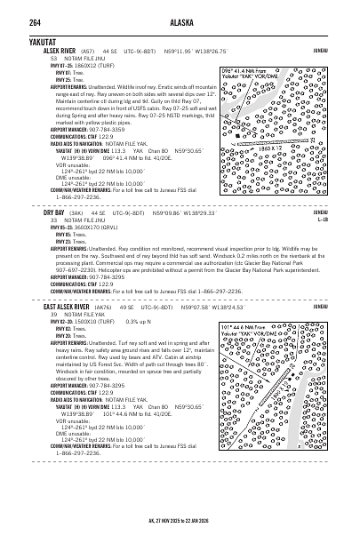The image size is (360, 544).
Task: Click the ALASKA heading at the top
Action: pos(180,10)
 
